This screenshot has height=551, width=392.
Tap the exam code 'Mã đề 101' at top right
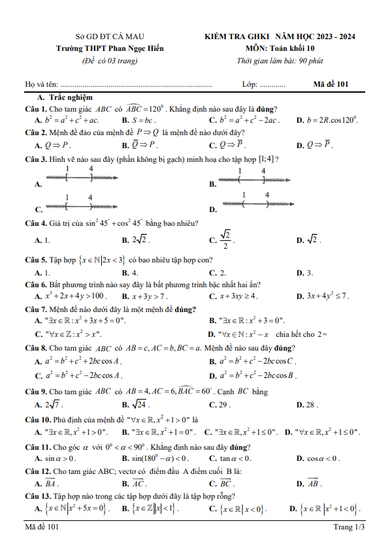[x=331, y=84]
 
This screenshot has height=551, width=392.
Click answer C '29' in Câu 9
[x=224, y=405]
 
